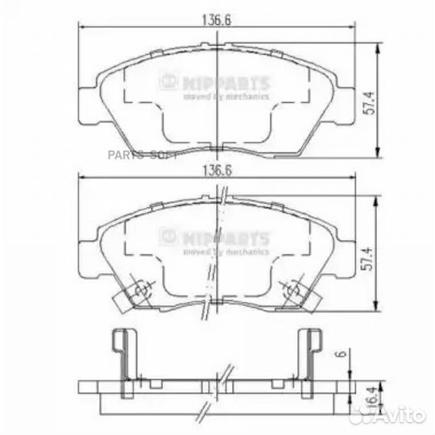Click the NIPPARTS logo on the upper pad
(x=215, y=81)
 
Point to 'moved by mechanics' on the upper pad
(x=226, y=96)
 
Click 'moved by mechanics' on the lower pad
(x=226, y=251)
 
